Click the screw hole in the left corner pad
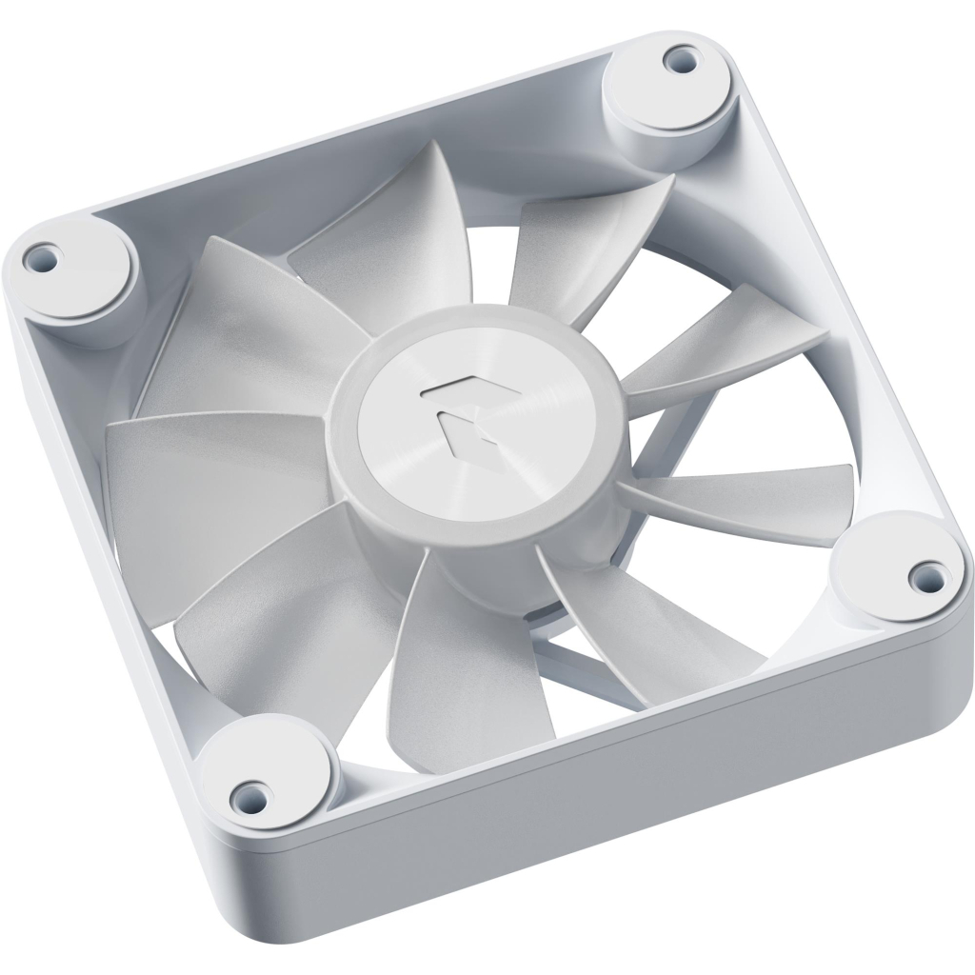point(41,255)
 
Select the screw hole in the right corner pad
point(920,573)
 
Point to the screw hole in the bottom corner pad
point(249,790)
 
